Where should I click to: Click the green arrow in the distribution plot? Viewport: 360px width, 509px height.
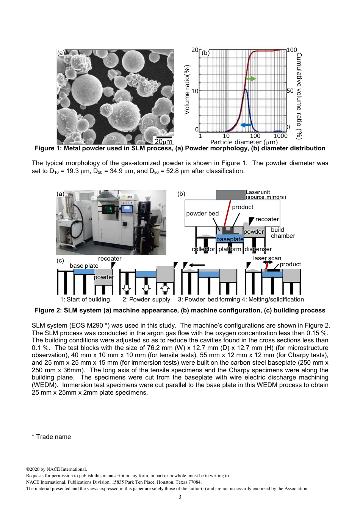point(250,79)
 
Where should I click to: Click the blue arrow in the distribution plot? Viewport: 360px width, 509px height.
point(246,125)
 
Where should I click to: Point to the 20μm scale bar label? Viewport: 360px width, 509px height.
point(164,141)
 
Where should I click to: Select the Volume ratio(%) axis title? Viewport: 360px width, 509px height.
point(187,90)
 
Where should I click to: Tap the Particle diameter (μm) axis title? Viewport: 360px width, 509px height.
point(244,142)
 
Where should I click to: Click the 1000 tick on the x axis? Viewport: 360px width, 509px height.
point(280,136)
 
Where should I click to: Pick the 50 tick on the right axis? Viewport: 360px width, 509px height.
point(290,91)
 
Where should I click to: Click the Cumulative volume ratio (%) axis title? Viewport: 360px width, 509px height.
point(299,96)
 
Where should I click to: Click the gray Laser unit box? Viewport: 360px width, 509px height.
point(230,195)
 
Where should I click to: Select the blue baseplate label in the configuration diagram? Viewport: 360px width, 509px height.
point(230,239)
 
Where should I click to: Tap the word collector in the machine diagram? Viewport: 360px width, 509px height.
point(203,249)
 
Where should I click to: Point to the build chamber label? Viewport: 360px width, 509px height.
point(283,233)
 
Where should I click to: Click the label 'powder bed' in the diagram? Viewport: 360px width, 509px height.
point(202,214)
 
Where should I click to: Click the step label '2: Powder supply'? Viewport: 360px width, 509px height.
point(146,300)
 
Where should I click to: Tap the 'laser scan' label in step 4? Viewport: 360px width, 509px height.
point(267,258)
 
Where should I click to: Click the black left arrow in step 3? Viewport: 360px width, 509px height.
point(197,265)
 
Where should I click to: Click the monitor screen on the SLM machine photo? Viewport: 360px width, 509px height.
point(127,208)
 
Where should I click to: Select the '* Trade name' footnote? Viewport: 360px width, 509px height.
point(52,437)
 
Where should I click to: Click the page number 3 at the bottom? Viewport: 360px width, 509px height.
point(180,497)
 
